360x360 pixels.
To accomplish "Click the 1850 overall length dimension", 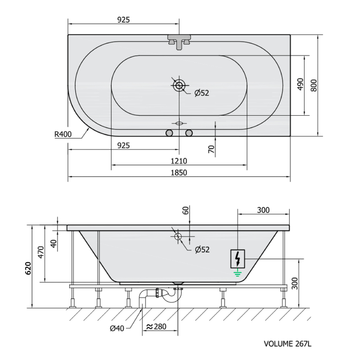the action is point(179,172).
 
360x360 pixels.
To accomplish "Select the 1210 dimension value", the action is point(179,161).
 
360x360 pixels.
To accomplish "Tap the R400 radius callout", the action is point(63,134).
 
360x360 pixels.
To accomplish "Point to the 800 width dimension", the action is point(314,85).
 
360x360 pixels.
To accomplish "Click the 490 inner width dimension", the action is point(301,84).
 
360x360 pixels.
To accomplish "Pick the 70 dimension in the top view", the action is point(211,149).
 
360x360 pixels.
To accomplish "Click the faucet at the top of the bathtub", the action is point(179,42).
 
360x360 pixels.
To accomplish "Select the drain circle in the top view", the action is point(179,85).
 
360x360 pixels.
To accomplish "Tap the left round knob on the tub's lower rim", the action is point(169,133).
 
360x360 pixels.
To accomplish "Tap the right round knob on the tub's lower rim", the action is point(189,133).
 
